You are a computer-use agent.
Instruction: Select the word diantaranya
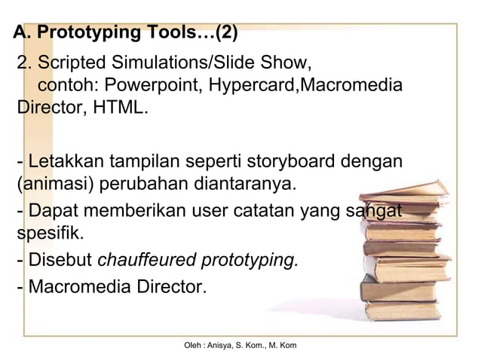click(x=244, y=184)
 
